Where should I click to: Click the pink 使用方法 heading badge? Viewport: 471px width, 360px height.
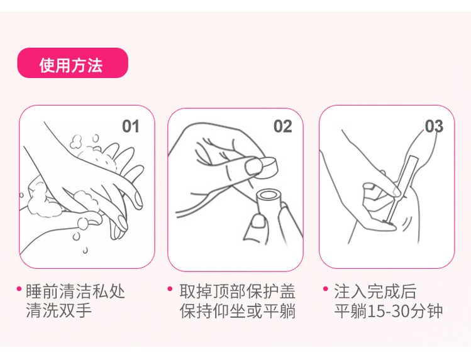[x=73, y=63]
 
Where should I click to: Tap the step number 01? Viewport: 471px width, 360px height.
[x=131, y=126]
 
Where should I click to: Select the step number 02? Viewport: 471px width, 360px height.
[x=282, y=126]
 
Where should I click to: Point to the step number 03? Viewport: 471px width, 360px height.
[x=434, y=126]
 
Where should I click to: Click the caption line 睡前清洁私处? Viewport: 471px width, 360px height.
[x=75, y=291]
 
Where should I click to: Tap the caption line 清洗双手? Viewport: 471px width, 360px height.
[x=58, y=310]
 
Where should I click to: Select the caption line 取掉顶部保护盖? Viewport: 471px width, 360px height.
[x=237, y=291]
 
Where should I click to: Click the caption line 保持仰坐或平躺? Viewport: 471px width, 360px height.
[x=237, y=310]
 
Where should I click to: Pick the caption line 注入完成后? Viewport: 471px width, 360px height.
[x=375, y=291]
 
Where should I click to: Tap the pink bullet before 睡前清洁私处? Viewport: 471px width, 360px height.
[x=19, y=289]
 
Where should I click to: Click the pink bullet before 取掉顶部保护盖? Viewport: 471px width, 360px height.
[x=170, y=289]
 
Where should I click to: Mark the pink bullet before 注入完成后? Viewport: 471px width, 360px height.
[x=325, y=289]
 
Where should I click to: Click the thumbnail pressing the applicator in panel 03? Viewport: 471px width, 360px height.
[x=396, y=191]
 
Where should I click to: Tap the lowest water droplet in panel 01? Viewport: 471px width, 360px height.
[x=86, y=250]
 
